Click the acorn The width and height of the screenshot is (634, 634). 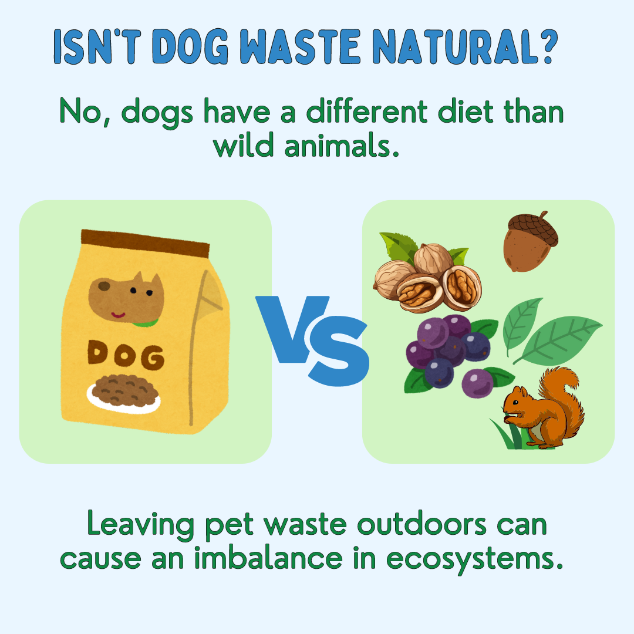pyautogui.click(x=530, y=242)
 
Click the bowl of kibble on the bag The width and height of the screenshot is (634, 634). pyautogui.click(x=124, y=393)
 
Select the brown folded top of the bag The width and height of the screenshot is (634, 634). pyautogui.click(x=145, y=244)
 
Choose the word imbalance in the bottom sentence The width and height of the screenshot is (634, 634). pyautogui.click(x=268, y=557)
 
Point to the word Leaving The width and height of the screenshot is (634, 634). pyautogui.click(x=140, y=524)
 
